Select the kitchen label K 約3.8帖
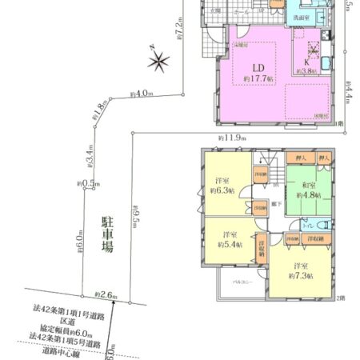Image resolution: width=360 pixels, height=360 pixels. (x=306, y=66)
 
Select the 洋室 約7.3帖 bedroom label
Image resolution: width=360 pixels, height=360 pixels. (x=302, y=270)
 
